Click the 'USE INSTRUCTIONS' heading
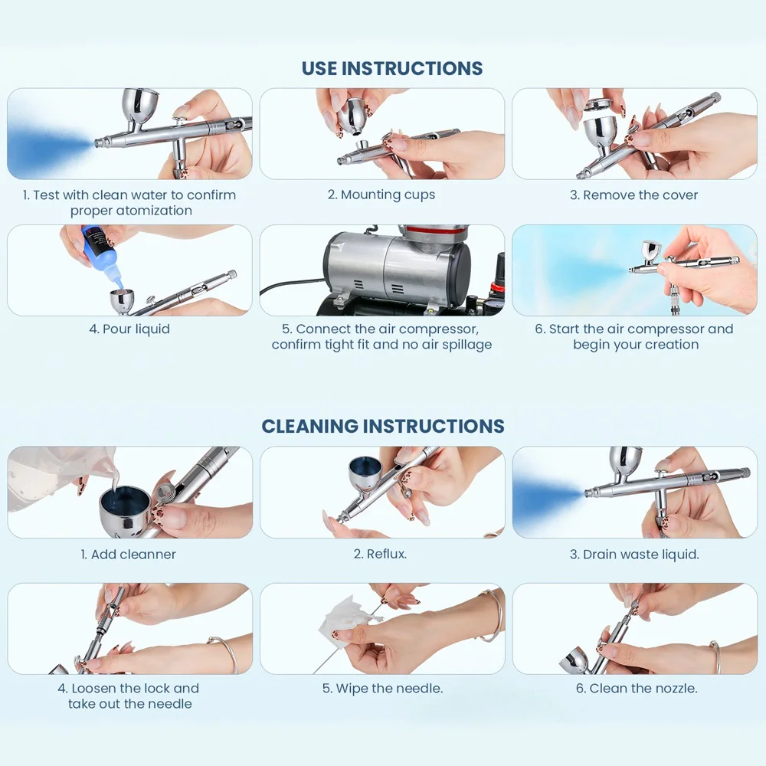tap(391, 68)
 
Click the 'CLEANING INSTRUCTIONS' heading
tap(383, 426)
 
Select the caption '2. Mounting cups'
tap(381, 195)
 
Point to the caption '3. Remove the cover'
tap(633, 195)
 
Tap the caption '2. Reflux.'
tap(380, 554)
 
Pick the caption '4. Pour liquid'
tap(129, 329)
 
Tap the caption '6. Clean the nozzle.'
tap(637, 688)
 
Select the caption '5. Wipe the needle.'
tap(382, 688)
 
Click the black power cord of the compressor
tap(287, 290)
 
